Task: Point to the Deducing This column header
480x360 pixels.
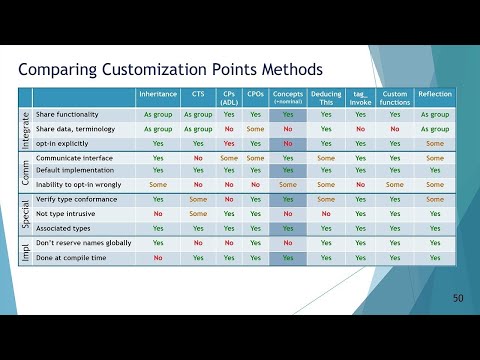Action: pyautogui.click(x=326, y=97)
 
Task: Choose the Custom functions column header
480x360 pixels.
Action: pyautogui.click(x=396, y=97)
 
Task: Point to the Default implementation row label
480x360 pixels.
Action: pyautogui.click(x=74, y=171)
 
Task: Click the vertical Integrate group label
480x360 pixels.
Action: pyautogui.click(x=25, y=129)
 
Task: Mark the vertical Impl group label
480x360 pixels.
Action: pyautogui.click(x=25, y=250)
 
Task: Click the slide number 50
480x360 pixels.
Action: pyautogui.click(x=457, y=298)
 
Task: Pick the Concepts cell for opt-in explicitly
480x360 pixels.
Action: pyautogui.click(x=288, y=143)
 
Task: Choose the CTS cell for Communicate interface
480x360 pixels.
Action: pyautogui.click(x=198, y=157)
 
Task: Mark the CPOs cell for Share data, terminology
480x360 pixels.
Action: pyautogui.click(x=255, y=129)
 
